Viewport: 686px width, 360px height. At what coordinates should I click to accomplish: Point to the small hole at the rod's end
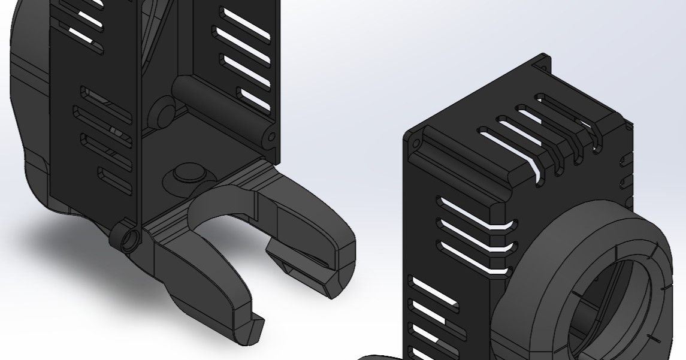pyautogui.click(x=271, y=137)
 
